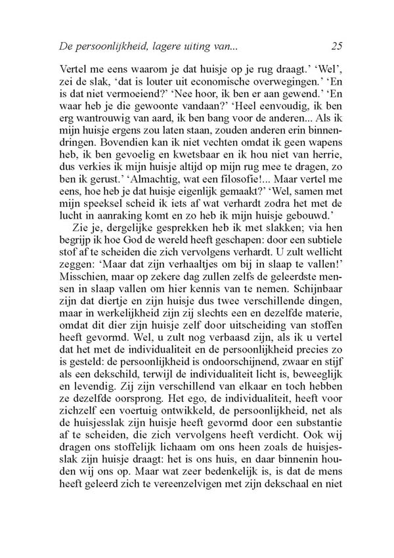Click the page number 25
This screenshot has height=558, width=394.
coord(338,46)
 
